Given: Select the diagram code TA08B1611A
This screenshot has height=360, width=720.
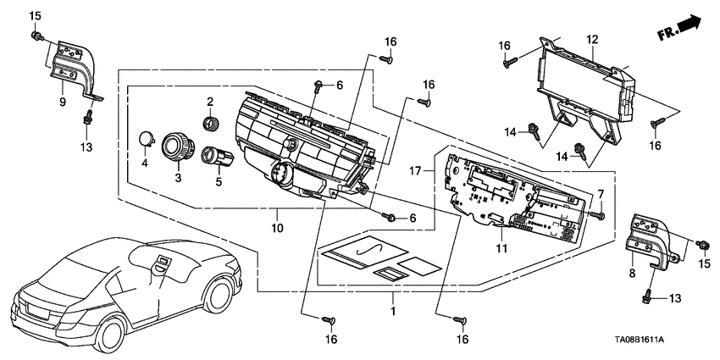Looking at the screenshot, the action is pos(640,341).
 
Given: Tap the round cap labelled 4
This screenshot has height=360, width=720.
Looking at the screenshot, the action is pos(147,139).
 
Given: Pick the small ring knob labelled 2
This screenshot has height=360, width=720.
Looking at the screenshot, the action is pos(211,124).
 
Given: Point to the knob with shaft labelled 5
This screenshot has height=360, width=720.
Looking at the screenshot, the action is pos(217,156).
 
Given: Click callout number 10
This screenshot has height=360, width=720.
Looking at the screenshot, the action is pos(278,227).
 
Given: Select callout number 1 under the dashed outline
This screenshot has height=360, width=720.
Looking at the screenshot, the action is pos(392,310).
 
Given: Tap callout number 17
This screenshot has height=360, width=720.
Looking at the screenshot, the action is pos(415,172).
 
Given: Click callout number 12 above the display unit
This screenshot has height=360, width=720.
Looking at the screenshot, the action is pos(592,40).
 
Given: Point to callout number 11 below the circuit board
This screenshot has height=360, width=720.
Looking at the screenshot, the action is pos(501,248).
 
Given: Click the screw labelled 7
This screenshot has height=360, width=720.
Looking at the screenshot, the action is pos(598,214).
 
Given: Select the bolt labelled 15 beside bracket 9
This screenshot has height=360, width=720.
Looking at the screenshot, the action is pos(36,36).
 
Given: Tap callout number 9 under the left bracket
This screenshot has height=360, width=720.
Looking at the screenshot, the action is pos(63,102).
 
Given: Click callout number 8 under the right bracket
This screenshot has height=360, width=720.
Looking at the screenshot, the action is pos(632,274).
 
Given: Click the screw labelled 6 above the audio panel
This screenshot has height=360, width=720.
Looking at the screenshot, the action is pos(317,86).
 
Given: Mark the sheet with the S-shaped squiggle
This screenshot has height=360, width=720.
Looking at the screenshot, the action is pos(365,252).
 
